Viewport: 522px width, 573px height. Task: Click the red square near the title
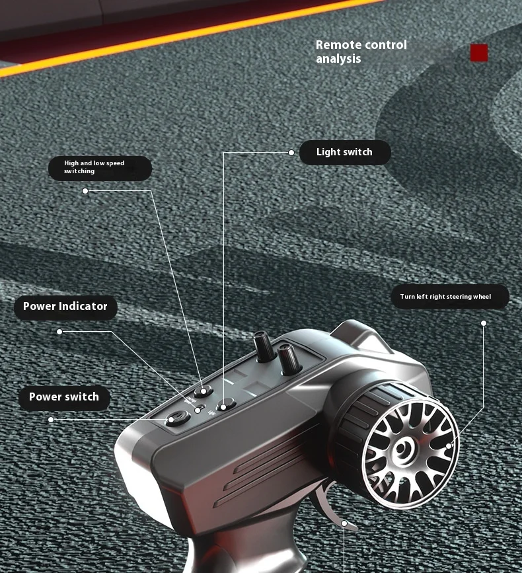479,53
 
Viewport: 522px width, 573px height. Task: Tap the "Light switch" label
344,153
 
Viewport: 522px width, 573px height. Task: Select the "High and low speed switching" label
99,168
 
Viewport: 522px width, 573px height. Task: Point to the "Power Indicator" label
65,307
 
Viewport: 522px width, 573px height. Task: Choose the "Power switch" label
64,397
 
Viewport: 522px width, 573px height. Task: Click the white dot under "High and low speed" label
85,191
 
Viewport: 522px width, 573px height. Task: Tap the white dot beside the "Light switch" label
291,153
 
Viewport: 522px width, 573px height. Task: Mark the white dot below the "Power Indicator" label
59,331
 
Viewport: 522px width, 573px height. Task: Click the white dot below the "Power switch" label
50,420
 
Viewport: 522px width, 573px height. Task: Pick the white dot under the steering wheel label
483,323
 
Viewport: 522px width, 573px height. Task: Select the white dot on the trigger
344,523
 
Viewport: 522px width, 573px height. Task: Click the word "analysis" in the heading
338,59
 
